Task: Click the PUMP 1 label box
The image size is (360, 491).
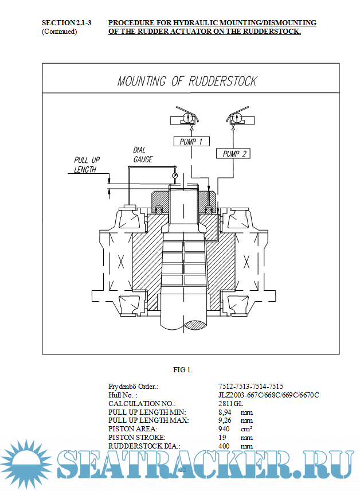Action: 191,142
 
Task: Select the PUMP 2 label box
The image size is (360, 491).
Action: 235,154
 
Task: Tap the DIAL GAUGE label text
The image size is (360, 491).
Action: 143,155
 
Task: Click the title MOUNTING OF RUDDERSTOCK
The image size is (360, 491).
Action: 187,81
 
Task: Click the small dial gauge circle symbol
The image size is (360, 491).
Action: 174,174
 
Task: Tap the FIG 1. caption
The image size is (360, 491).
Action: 183,369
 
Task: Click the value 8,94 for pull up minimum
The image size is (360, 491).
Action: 225,412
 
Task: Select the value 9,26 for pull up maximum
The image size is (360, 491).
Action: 225,420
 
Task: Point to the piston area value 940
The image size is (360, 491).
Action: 224,428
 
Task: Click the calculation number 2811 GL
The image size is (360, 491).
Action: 231,403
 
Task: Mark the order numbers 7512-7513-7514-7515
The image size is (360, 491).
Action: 251,387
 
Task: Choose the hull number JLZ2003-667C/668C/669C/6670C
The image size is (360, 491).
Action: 268,395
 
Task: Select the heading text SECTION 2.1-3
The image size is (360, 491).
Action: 66,23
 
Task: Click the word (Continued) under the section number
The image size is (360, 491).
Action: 59,32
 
